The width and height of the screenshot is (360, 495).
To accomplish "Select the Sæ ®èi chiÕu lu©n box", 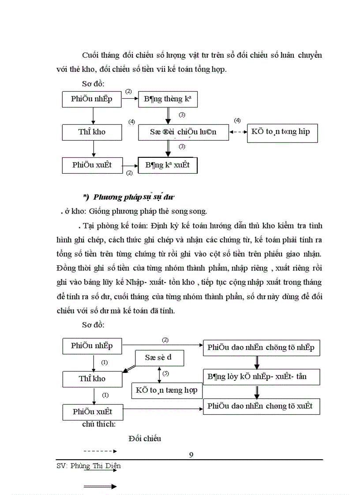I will [x=183, y=132].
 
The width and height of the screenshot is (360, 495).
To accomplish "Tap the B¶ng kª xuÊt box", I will [x=168, y=165].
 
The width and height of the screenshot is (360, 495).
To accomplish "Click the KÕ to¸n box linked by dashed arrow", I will [x=281, y=132].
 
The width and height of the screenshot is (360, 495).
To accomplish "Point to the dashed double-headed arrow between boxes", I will [x=238, y=132].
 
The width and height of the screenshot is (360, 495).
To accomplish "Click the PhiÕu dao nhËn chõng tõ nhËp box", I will [x=261, y=347].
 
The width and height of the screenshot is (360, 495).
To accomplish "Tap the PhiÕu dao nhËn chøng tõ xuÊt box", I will [x=261, y=406].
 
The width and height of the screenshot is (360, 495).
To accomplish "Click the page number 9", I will [x=191, y=455].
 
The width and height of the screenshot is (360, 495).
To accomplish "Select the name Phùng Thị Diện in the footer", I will [x=95, y=465].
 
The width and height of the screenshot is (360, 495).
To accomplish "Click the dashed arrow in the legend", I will [x=100, y=451].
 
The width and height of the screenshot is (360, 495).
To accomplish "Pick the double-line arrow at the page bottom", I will [x=100, y=487].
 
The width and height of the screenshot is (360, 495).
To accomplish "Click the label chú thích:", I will [x=99, y=424].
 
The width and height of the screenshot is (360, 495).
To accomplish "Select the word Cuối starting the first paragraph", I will [x=91, y=55].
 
